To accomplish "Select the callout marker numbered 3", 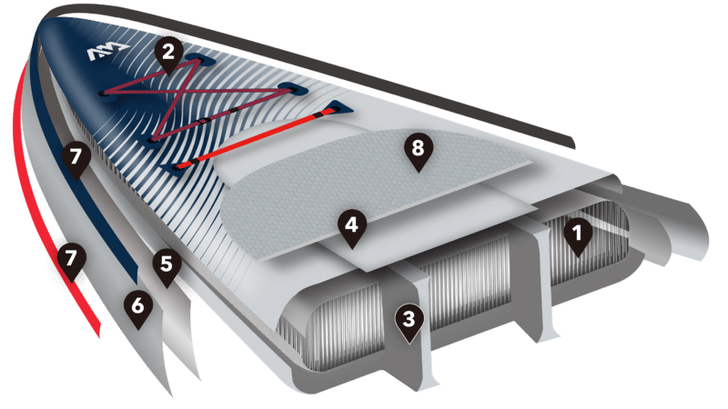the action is click(x=409, y=323).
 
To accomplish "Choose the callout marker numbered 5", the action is click(x=167, y=267).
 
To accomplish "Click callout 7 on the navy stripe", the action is click(x=76, y=161).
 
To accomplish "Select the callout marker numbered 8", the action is click(x=418, y=152).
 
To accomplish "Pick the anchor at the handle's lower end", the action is click(x=174, y=168).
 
